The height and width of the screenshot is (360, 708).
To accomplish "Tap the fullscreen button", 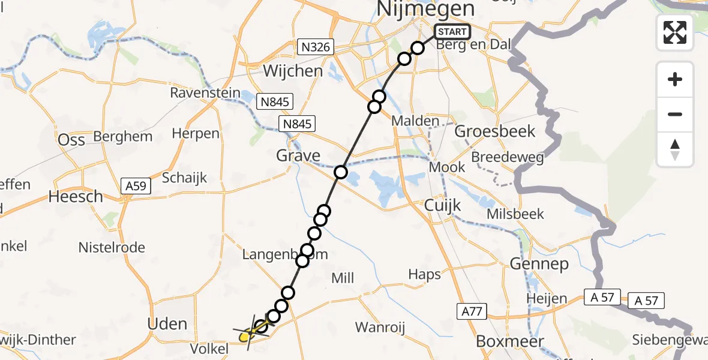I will [x=675, y=32].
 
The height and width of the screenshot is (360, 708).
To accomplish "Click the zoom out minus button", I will [x=675, y=114].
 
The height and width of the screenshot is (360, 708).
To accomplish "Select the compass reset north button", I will [x=675, y=149].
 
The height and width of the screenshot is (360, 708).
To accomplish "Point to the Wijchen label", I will [x=293, y=71].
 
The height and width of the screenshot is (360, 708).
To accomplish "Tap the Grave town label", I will [x=298, y=156].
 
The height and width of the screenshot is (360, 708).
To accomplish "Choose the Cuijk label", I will [x=442, y=206].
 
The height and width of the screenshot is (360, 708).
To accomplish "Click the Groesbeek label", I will [x=496, y=131].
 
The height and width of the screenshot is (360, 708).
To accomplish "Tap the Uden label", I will [x=167, y=324].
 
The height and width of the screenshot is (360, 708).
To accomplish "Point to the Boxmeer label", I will [x=509, y=341].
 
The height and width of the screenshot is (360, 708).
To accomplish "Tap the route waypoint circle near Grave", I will [x=341, y=172].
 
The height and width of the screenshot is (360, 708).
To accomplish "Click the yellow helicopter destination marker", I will [x=245, y=337].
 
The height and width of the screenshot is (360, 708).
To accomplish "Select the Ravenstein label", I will [x=205, y=93].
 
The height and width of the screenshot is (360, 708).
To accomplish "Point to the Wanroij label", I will [x=380, y=327].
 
